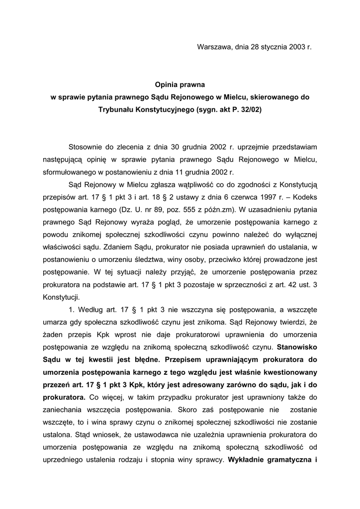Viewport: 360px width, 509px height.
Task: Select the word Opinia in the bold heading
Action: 167,85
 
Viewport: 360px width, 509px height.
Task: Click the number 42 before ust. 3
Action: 292,284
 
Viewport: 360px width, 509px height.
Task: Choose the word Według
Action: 91,309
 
